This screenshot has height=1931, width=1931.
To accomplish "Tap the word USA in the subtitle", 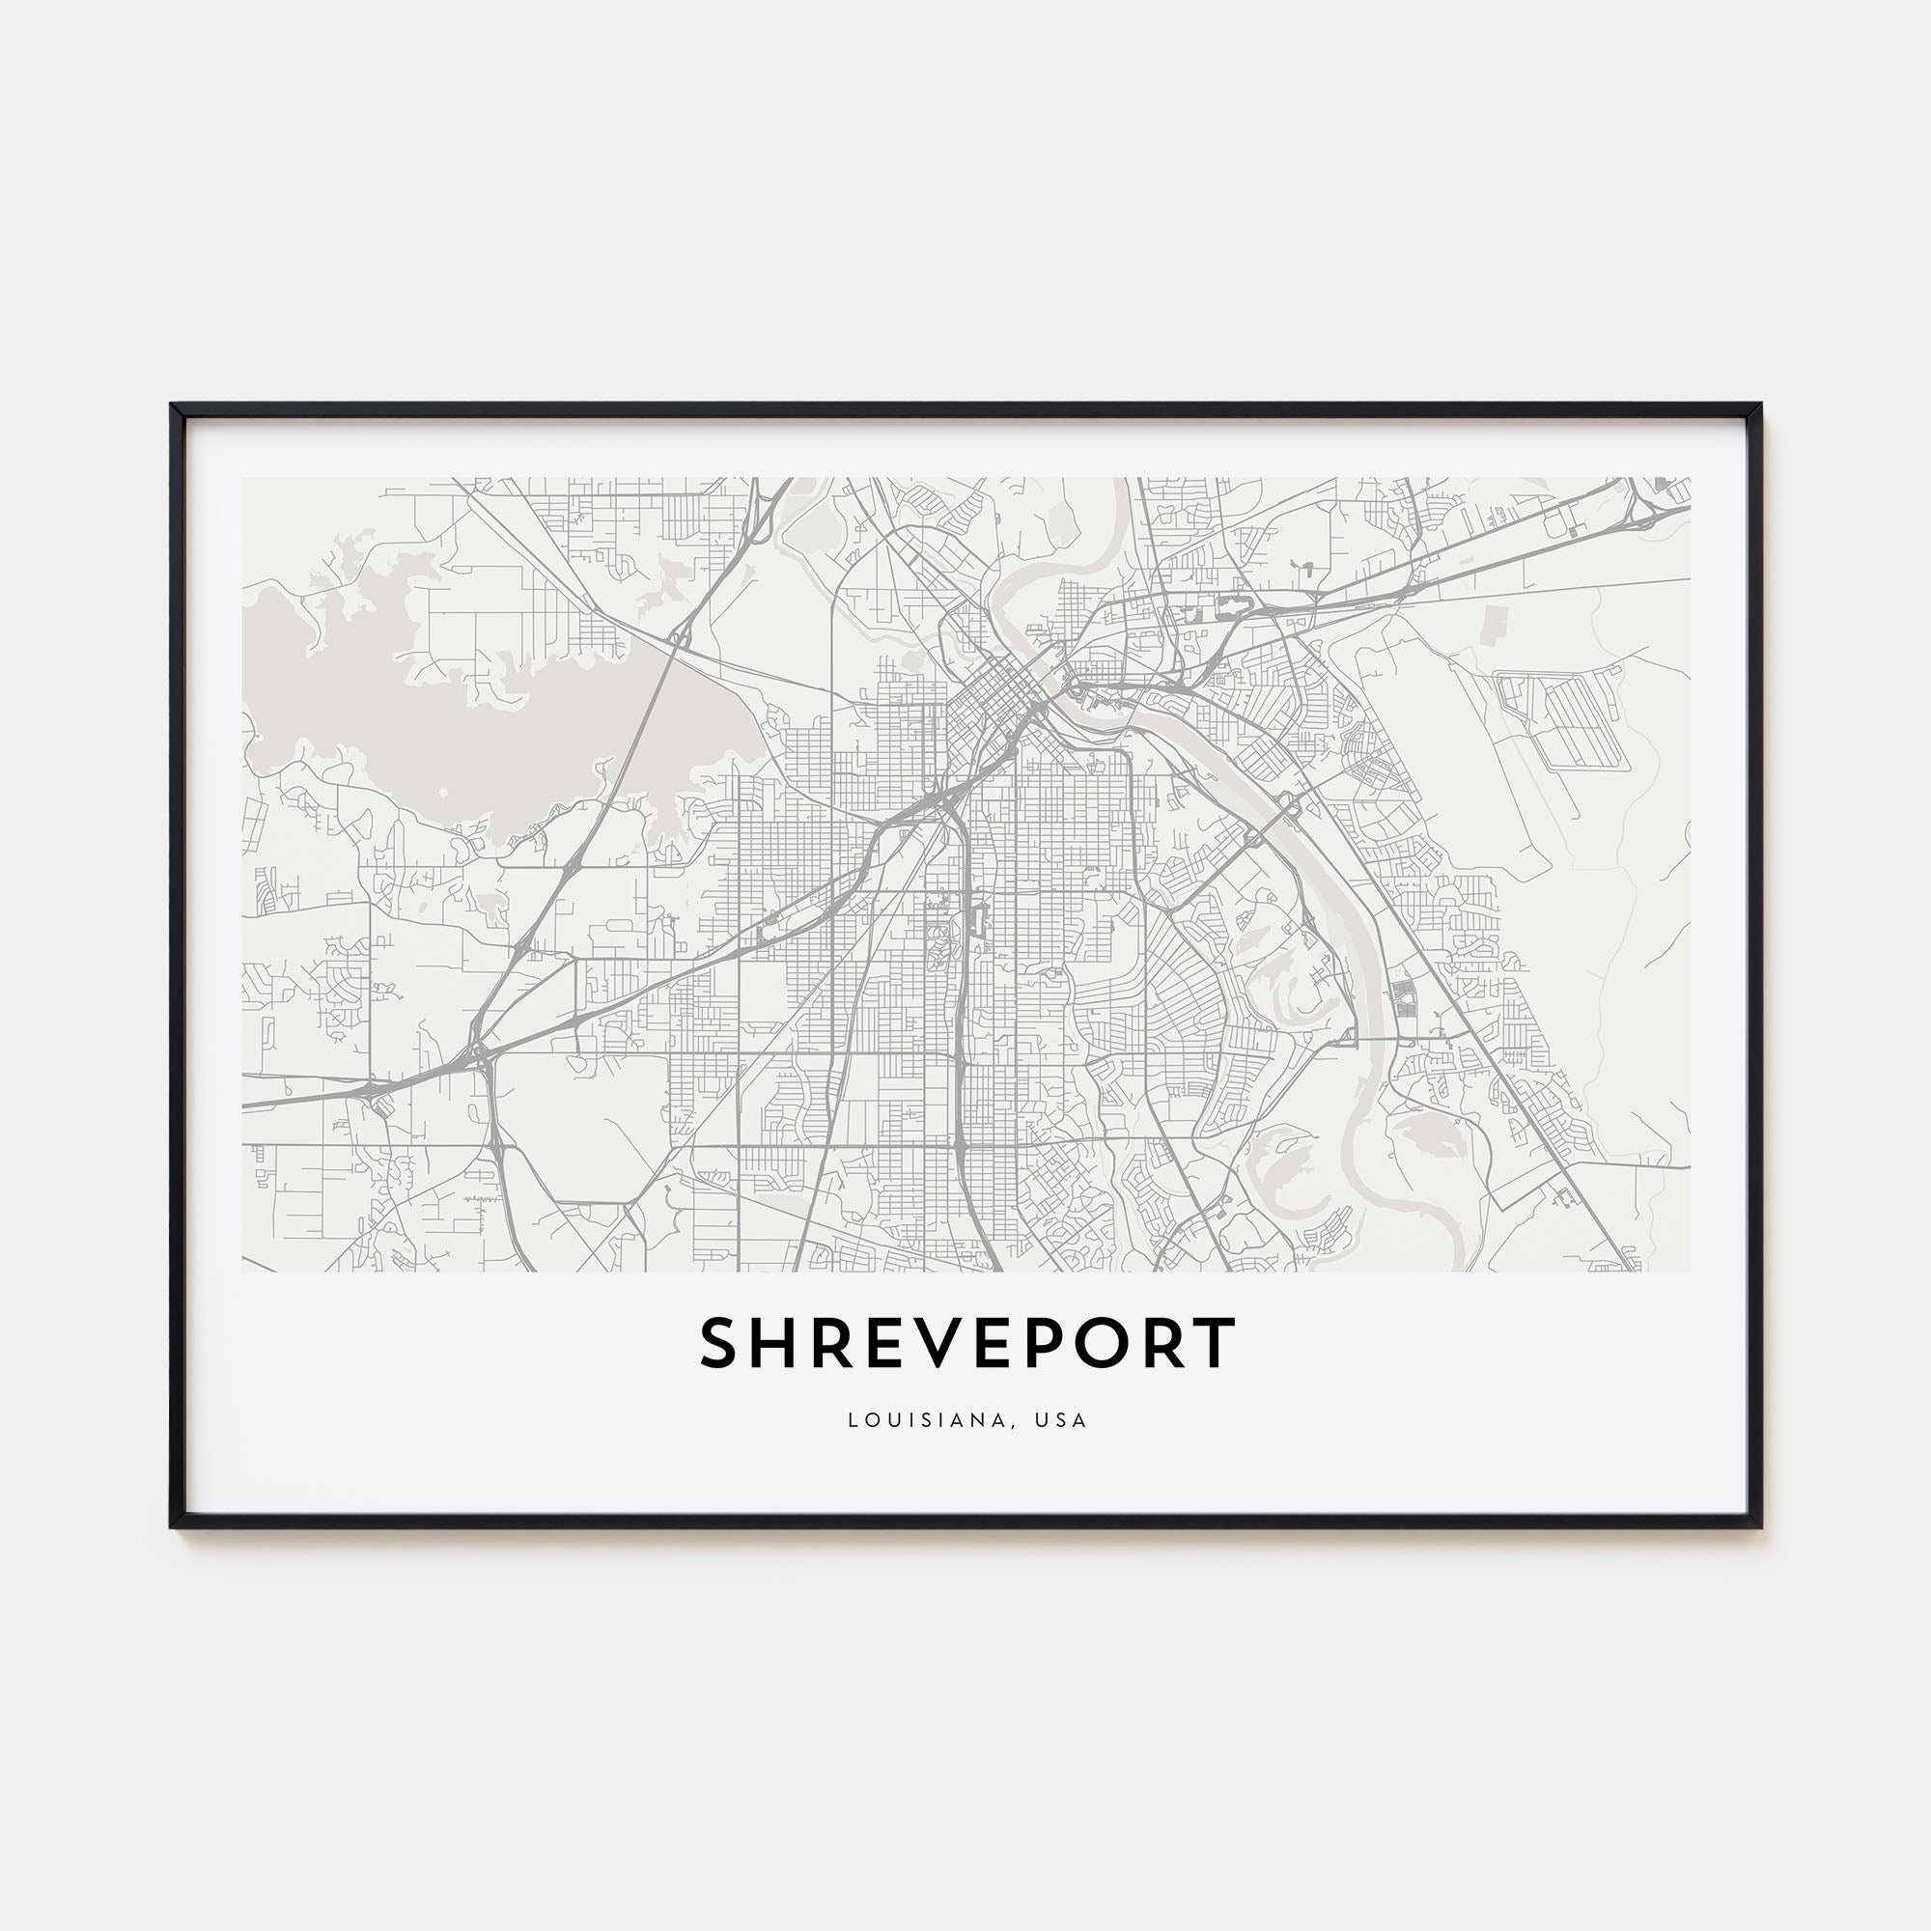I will click(1061, 1420).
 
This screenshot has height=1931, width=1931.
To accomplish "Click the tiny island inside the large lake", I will click(443, 793).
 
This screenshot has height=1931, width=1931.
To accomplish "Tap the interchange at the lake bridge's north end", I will click(681, 634).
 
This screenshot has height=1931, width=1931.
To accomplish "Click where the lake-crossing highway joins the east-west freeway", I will click(478, 1051).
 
